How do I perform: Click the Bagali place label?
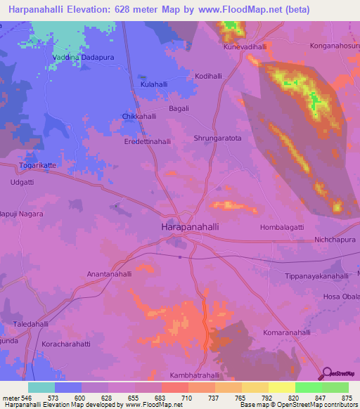click(x=181, y=109)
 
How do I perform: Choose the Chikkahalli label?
click(x=139, y=116)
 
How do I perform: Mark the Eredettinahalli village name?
click(x=148, y=141)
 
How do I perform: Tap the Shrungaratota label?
click(x=217, y=138)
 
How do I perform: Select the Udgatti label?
click(x=22, y=182)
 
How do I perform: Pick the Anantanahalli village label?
click(x=109, y=274)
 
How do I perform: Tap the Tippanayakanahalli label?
click(x=317, y=276)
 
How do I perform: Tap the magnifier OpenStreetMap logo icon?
click(x=326, y=373)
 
